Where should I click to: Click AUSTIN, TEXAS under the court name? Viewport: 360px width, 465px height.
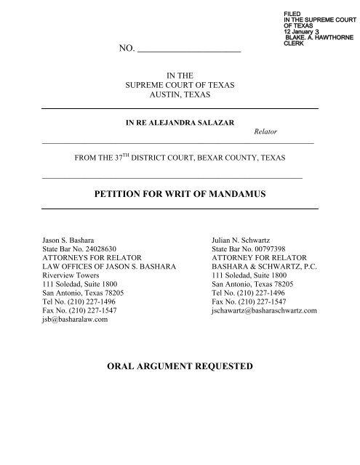click(180, 94)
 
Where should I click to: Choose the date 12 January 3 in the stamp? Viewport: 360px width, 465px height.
click(308, 31)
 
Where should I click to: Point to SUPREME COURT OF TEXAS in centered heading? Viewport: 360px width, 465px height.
click(180, 84)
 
